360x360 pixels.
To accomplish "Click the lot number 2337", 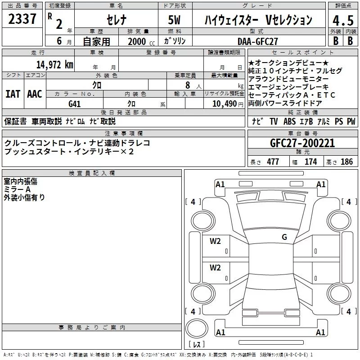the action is tap(22, 19).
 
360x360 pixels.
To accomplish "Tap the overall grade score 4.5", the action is tap(343, 20).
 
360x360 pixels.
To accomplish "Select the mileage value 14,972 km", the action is tap(55, 65).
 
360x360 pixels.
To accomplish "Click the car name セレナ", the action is tap(117, 20).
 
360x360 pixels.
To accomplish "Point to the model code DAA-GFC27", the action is tap(257, 41).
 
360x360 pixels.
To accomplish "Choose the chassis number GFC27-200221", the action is tap(302, 143).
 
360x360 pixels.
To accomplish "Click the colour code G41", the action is tap(74, 104).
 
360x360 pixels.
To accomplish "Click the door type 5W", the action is tap(174, 20).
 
